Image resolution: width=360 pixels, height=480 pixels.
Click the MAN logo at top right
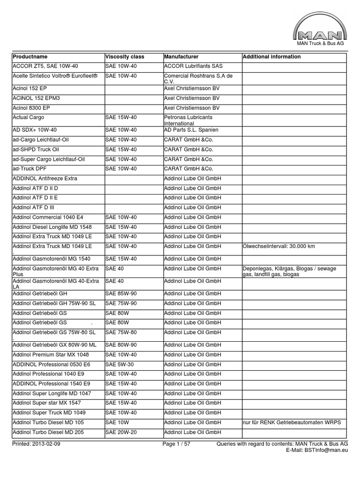click(320, 30)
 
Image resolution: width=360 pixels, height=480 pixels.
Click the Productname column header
click(30, 57)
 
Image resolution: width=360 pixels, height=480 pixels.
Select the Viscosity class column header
click(125, 57)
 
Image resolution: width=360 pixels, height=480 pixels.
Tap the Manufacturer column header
click(181, 57)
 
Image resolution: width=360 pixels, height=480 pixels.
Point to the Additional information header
click(272, 57)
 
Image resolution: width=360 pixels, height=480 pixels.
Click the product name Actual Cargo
click(28, 117)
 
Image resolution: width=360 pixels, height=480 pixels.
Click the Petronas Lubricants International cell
click(188, 120)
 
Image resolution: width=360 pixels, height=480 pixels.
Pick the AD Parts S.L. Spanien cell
click(191, 129)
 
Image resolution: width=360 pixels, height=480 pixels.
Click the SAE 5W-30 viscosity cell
click(121, 364)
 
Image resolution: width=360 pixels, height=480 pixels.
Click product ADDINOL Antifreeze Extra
click(45, 179)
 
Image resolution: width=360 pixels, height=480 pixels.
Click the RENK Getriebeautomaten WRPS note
click(292, 422)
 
